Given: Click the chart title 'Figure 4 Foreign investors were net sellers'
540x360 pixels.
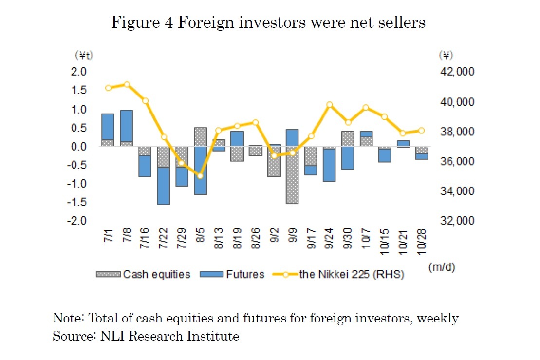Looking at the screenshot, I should pyautogui.click(x=268, y=23).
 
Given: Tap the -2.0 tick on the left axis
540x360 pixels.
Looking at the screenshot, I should pyautogui.click(x=78, y=221).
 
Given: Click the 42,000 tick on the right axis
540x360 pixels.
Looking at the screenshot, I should pyautogui.click(x=457, y=72).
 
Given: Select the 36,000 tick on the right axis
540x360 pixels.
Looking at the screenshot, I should pyautogui.click(x=457, y=161).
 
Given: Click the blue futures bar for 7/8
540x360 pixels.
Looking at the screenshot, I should pyautogui.click(x=126, y=126).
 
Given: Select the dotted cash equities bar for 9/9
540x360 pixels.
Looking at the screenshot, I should pyautogui.click(x=292, y=175).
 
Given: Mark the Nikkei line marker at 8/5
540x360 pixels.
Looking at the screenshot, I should pyautogui.click(x=200, y=176).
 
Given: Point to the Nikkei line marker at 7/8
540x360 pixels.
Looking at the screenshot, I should pyautogui.click(x=127, y=84).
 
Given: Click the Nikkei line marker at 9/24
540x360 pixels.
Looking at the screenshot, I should pyautogui.click(x=330, y=105).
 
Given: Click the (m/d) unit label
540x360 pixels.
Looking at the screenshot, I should pyautogui.click(x=442, y=267).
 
